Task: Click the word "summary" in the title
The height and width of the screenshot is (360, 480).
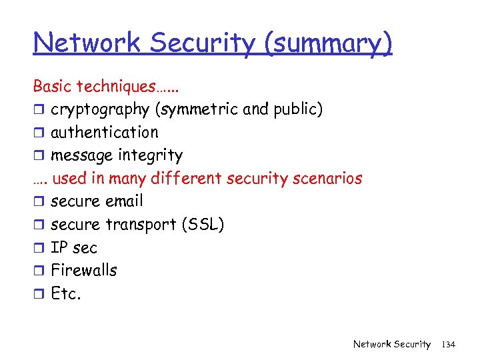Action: (328, 43)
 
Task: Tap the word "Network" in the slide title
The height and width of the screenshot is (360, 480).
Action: (87, 43)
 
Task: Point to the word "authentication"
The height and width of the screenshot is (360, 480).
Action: (105, 132)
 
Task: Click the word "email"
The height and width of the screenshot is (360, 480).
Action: (125, 201)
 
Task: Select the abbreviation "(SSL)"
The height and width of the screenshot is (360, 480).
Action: (203, 225)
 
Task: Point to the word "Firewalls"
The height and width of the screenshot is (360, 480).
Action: (84, 270)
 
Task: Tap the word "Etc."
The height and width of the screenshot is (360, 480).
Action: (66, 293)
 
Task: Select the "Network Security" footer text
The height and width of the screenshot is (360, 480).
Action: (392, 344)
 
